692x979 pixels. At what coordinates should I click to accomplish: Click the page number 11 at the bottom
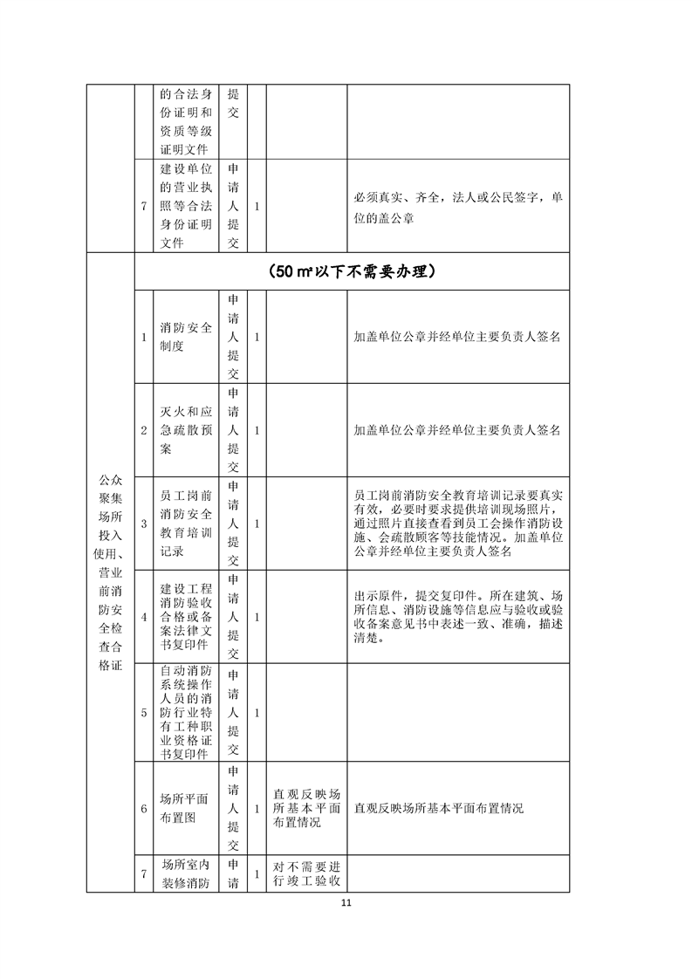point(346,903)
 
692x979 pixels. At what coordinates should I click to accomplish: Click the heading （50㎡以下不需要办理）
point(353,271)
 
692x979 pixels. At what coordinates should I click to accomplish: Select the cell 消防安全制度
point(186,337)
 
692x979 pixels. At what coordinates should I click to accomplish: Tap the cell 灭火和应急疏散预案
point(186,430)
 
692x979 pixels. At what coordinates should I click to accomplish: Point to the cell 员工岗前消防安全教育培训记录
point(186,524)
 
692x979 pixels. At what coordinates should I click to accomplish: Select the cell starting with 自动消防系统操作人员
point(186,712)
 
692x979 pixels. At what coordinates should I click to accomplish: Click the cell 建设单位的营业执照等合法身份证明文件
point(186,207)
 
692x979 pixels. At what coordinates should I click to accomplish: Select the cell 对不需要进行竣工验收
point(305,875)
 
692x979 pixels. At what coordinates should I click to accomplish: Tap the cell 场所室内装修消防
point(186,875)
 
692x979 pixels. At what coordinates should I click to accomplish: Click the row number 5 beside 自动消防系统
point(145,712)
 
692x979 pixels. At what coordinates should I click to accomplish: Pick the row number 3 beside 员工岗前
point(145,524)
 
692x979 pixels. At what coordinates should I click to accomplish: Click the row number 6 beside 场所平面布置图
point(145,808)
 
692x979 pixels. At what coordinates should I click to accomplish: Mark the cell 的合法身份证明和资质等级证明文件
point(186,121)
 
